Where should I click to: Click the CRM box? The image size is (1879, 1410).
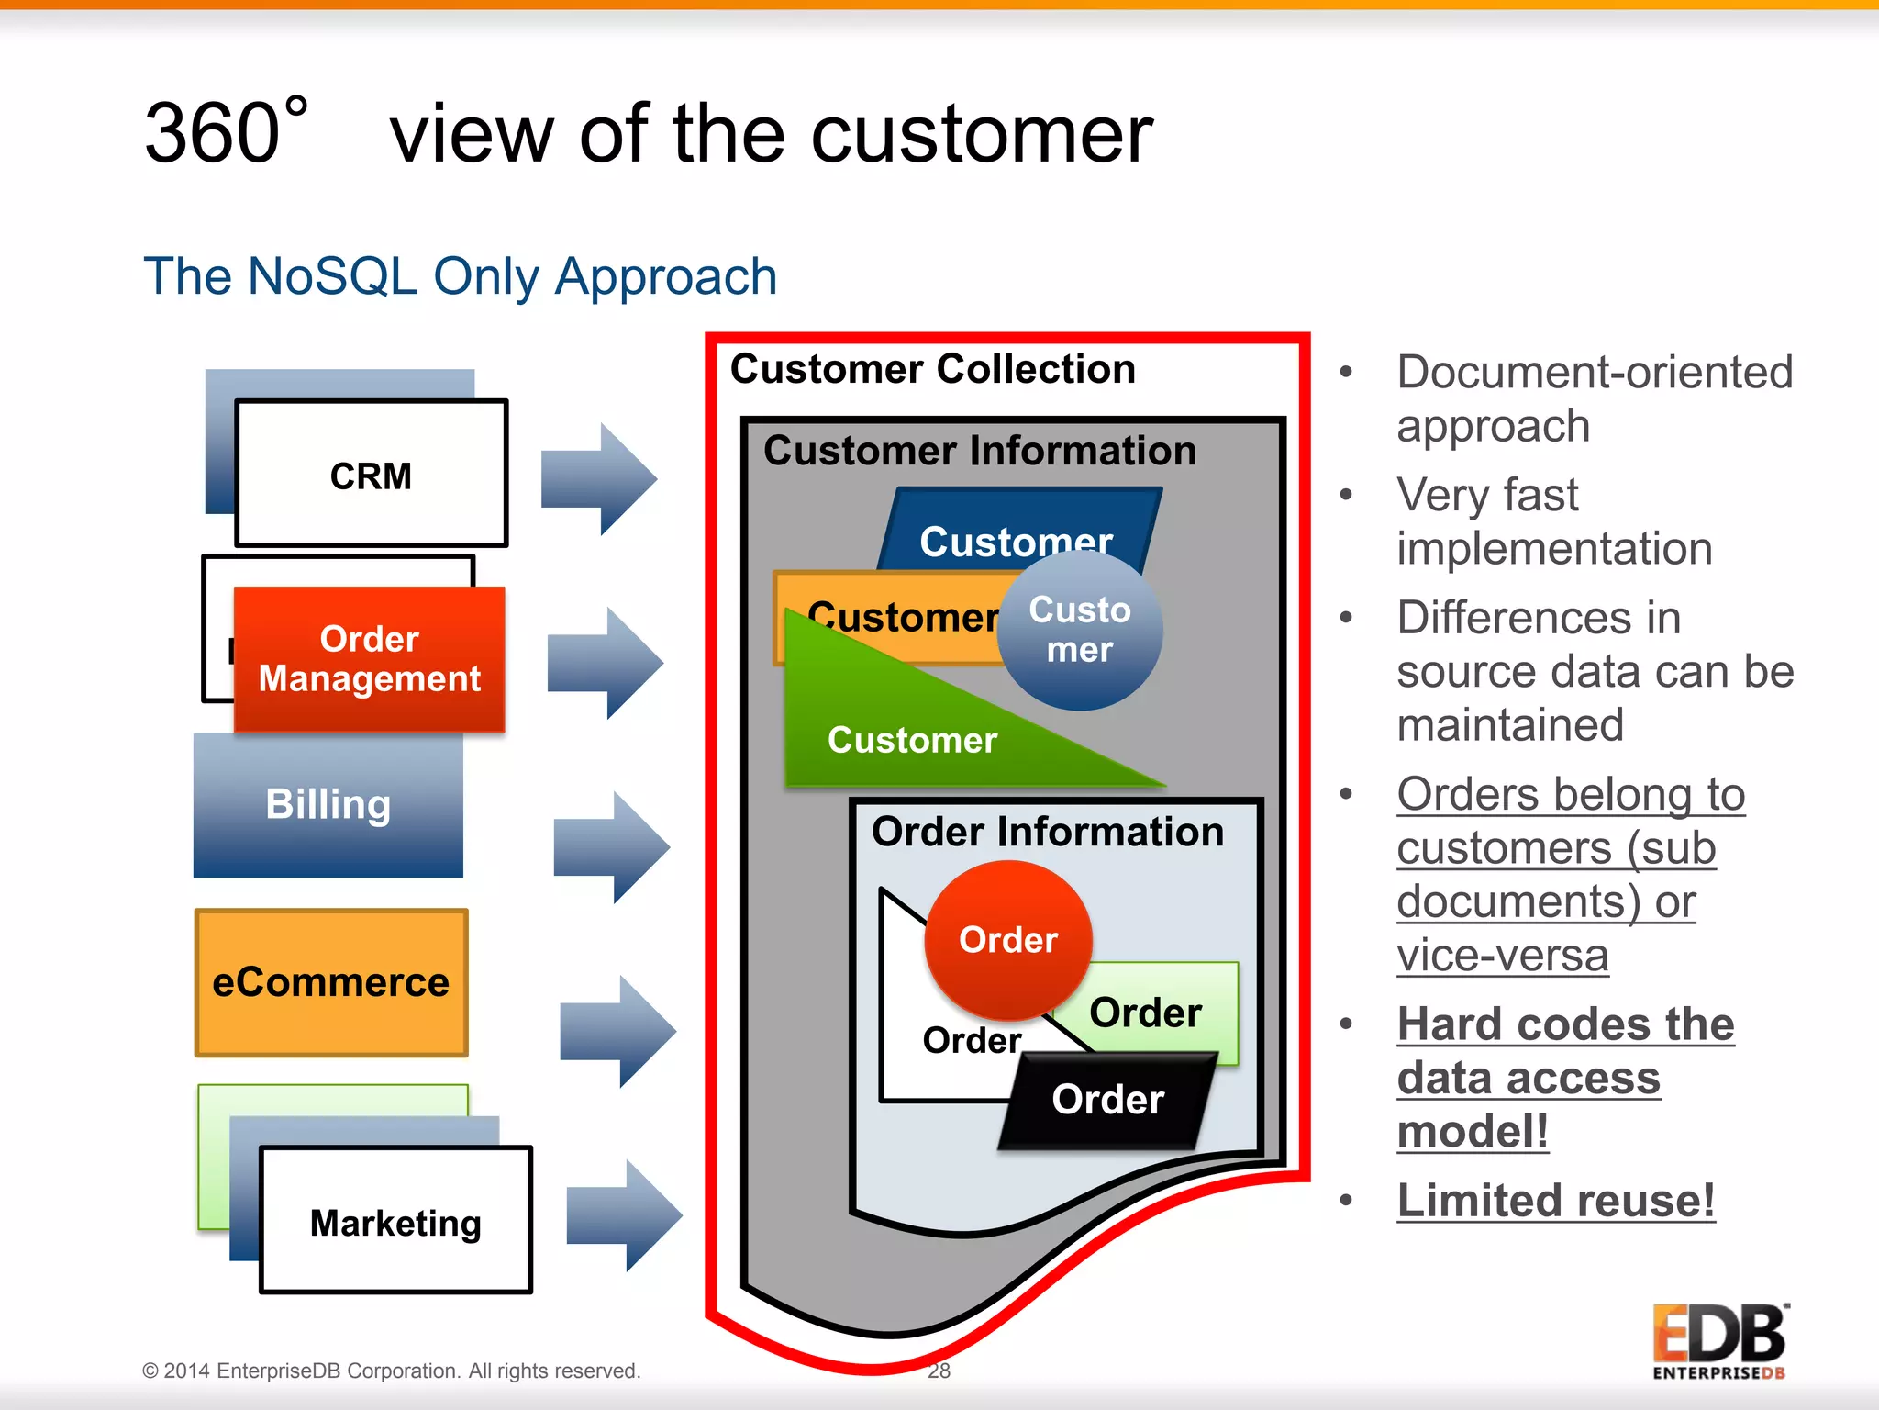[x=371, y=475]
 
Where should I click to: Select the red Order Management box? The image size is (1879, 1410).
[x=369, y=658]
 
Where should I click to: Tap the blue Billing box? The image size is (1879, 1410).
[x=328, y=804]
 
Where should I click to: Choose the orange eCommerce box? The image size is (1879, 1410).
[x=331, y=982]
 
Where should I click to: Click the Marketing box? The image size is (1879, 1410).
[x=395, y=1222]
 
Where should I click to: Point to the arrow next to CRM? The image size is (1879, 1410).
[x=598, y=478]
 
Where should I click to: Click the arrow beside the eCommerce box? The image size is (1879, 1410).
[x=617, y=1031]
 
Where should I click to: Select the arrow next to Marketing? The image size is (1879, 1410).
[x=624, y=1214]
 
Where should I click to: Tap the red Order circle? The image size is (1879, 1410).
[x=1007, y=939]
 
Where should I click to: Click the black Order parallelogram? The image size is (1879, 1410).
[x=1107, y=1100]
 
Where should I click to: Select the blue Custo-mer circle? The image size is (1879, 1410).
[x=1080, y=630]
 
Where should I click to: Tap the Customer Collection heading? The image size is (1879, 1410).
[x=932, y=369]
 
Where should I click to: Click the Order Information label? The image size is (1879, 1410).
[x=1047, y=832]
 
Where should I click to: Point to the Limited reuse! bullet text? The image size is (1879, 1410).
[x=1555, y=1201]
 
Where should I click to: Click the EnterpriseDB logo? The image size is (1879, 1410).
[x=1719, y=1341]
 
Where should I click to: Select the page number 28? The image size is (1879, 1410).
[x=939, y=1371]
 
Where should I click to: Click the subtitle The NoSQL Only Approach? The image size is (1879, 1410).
[x=460, y=276]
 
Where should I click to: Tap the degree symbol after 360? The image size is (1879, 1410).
[x=295, y=106]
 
